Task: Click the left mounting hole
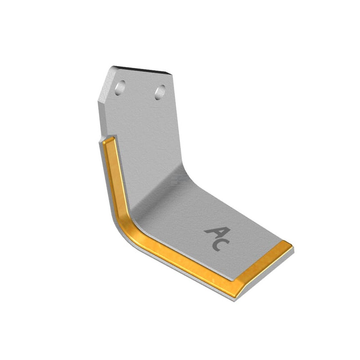(120, 88)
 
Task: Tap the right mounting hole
(160, 92)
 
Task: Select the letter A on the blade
(217, 233)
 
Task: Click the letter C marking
(220, 245)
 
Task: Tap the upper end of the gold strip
(108, 140)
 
